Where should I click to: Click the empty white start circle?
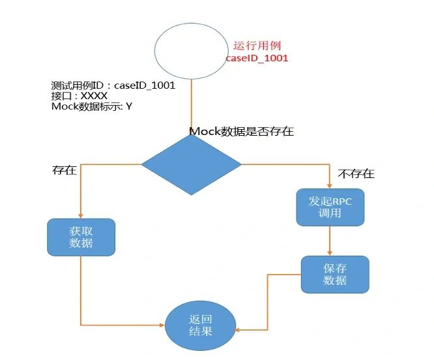click(191, 50)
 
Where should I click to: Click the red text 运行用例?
click(257, 46)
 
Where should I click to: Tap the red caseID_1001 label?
click(257, 58)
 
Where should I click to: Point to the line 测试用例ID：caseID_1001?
click(113, 85)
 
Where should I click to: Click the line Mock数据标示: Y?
click(91, 106)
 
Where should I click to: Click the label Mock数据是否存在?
click(241, 131)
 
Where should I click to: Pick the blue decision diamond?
click(191, 164)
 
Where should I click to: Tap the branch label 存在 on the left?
click(65, 171)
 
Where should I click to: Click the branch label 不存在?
click(356, 174)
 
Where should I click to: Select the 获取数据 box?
click(81, 237)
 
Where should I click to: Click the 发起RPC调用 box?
click(330, 207)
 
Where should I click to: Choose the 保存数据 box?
click(335, 274)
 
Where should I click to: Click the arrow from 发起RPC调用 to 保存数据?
click(330, 241)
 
